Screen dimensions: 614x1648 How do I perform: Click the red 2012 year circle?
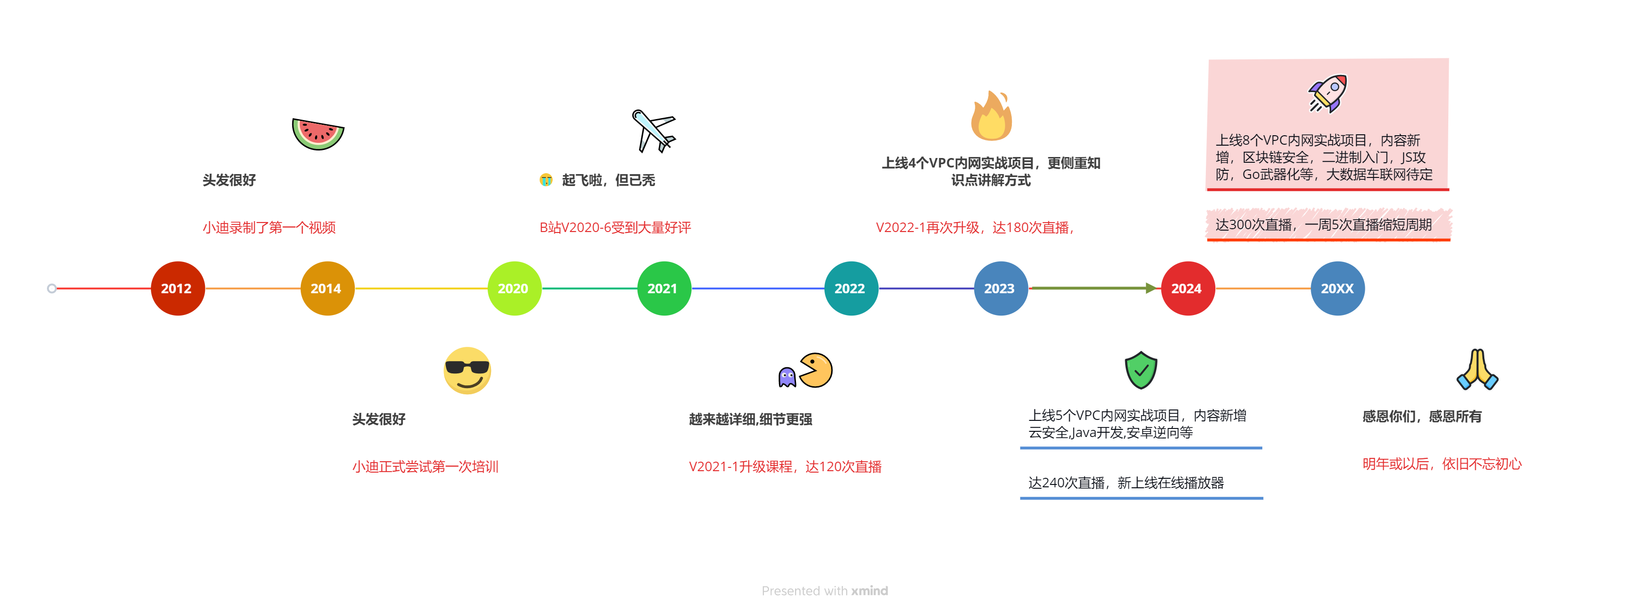coord(177,288)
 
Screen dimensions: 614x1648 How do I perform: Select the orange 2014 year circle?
coord(327,288)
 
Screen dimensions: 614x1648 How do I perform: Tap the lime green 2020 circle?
coord(514,288)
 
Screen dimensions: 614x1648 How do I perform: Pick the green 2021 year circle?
coord(664,288)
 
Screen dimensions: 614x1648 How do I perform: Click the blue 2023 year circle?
coord(1000,288)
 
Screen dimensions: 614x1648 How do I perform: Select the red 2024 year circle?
coord(1187,288)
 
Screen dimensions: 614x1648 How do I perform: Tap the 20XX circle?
coord(1337,288)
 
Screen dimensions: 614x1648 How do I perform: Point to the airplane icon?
coord(653,131)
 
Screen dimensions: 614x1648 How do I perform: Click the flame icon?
coord(991,116)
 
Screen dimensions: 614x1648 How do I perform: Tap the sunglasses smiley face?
coord(467,370)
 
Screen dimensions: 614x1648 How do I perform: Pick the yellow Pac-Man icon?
coord(815,370)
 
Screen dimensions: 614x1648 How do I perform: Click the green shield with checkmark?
coord(1141,370)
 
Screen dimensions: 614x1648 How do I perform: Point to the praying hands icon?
coord(1477,370)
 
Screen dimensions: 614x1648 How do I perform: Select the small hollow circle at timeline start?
coord(52,288)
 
